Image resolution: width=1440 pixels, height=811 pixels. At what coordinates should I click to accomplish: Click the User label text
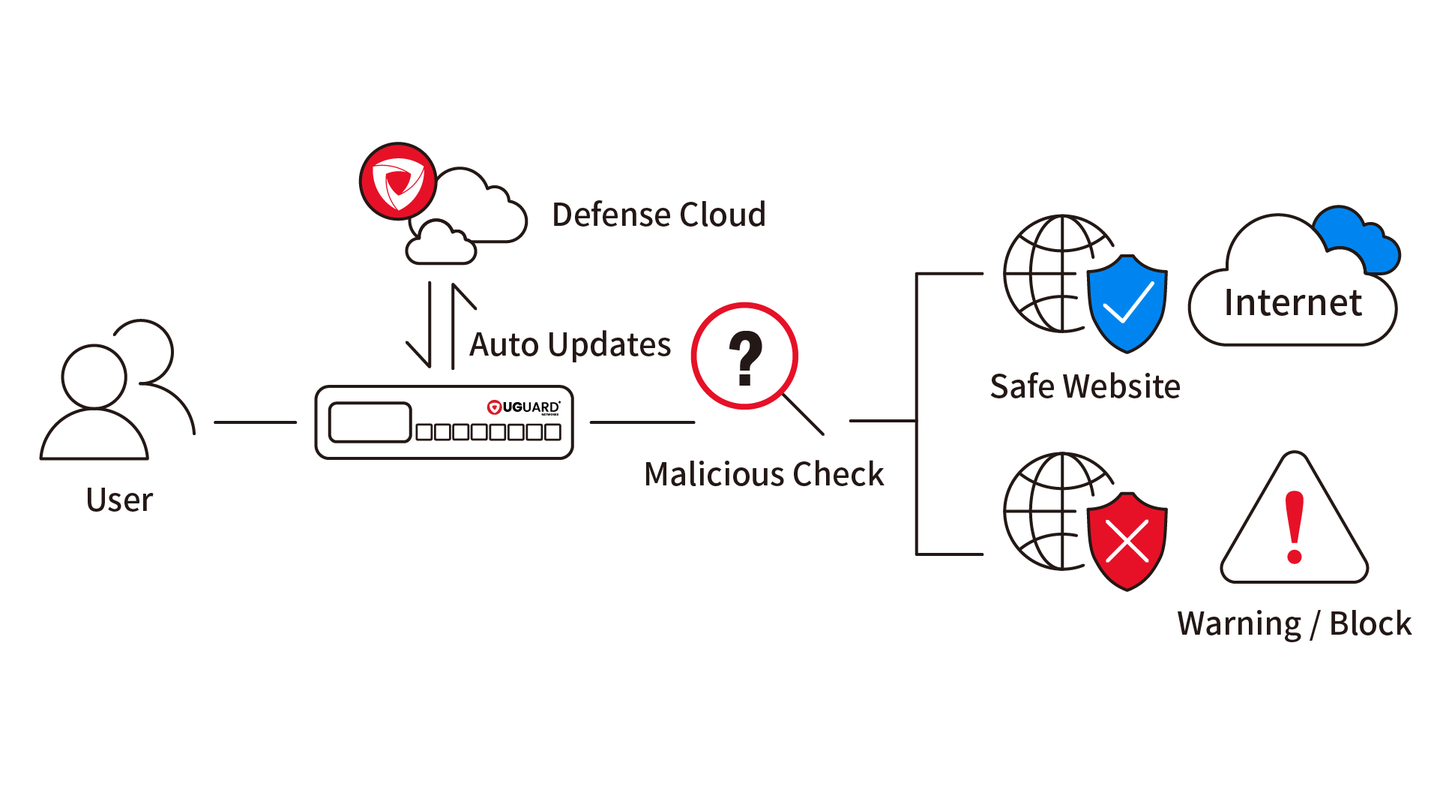click(120, 500)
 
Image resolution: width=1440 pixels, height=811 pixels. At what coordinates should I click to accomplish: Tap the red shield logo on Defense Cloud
click(397, 181)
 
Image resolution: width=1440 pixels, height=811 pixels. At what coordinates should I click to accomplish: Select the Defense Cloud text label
click(659, 215)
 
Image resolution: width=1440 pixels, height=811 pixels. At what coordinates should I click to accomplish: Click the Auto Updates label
click(570, 345)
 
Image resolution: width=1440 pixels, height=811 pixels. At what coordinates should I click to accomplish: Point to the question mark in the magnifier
click(745, 358)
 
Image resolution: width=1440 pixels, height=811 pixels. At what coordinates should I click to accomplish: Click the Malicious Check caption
click(764, 474)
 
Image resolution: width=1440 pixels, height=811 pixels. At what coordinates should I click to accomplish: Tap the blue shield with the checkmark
click(1127, 303)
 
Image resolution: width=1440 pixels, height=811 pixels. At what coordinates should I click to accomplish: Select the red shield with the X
click(1127, 540)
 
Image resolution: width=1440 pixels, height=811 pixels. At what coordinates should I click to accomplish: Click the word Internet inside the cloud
click(1293, 303)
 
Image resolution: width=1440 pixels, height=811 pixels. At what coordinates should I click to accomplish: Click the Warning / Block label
click(1294, 623)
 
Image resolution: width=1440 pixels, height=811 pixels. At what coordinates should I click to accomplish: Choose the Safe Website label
click(1085, 386)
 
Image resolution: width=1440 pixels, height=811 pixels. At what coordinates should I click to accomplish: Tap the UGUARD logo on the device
click(523, 407)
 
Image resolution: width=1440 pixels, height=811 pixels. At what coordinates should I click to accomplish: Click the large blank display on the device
click(370, 422)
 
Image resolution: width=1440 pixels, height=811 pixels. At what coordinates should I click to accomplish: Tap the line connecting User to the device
click(255, 422)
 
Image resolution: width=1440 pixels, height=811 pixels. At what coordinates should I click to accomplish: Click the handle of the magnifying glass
click(803, 414)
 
